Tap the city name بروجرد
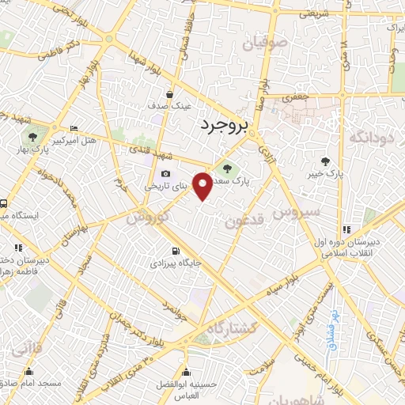(224, 123)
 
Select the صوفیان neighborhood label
(263, 43)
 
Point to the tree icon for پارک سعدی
(228, 168)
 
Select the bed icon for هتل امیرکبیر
(74, 129)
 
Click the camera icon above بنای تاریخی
(165, 173)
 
